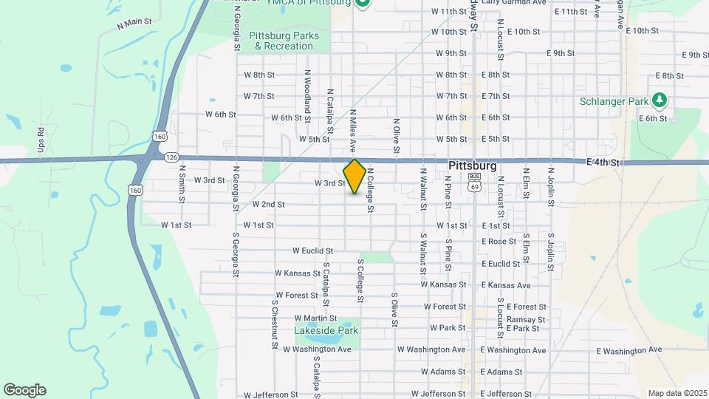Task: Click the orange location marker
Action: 354,177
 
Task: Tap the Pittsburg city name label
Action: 472,166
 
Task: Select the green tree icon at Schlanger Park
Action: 660,100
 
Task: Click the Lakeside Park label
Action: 326,330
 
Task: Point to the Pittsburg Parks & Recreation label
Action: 284,41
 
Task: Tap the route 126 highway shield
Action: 172,157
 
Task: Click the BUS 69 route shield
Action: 474,183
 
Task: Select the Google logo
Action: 24,390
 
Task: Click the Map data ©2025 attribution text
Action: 677,393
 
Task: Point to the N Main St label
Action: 134,24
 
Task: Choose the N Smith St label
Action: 182,183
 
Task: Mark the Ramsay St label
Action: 504,319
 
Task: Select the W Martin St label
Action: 304,318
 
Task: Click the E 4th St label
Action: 602,162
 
